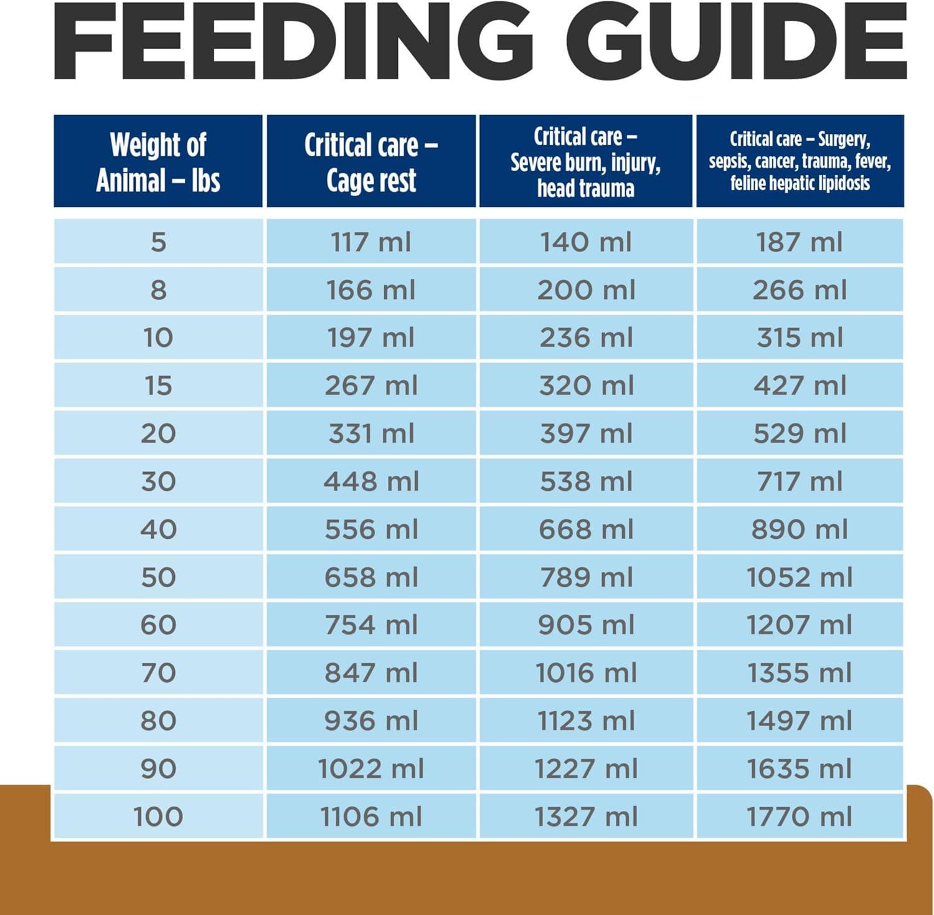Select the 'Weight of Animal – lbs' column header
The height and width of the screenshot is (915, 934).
158,162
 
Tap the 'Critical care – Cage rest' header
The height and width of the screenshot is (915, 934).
371,162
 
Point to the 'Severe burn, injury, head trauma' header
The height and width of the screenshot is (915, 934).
585,162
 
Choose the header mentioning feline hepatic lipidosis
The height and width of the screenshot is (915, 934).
800,161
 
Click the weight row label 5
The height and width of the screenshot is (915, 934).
158,242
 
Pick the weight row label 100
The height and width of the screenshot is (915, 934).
158,817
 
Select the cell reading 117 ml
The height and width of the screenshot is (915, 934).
371,242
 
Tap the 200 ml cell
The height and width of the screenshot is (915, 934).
586,290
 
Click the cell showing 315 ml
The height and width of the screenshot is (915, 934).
800,338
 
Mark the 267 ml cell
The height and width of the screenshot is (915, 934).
371,386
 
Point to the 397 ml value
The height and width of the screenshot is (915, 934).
586,434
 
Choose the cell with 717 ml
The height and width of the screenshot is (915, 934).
800,481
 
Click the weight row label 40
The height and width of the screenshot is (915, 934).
158,529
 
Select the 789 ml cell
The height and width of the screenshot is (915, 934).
586,577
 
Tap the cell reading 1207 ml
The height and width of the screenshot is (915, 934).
800,625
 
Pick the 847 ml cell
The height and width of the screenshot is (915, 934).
371,673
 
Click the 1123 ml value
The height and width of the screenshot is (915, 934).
586,721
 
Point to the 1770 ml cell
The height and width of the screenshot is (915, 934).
800,817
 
